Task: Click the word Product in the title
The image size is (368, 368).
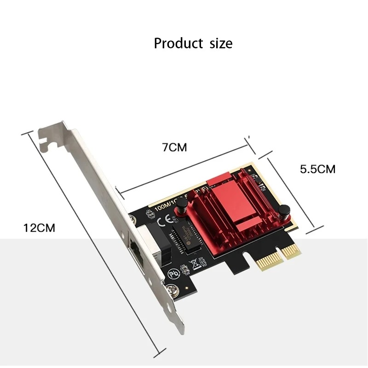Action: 178,44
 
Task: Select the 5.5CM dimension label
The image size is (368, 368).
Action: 317,169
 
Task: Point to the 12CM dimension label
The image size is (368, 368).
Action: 39,228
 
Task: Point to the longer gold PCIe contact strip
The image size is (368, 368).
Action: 264,263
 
